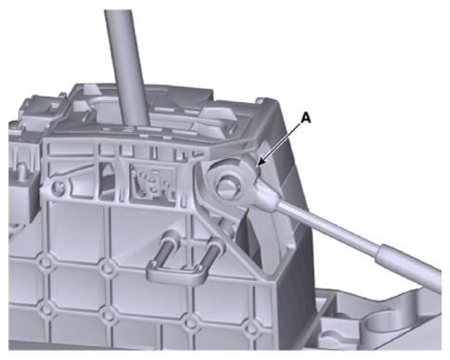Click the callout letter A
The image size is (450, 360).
pos(305,118)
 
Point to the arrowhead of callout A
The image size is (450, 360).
pos(261,162)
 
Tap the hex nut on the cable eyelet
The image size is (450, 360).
pos(228,186)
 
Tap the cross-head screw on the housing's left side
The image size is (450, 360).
pos(58,186)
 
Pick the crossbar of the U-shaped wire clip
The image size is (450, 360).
pos(176,272)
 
